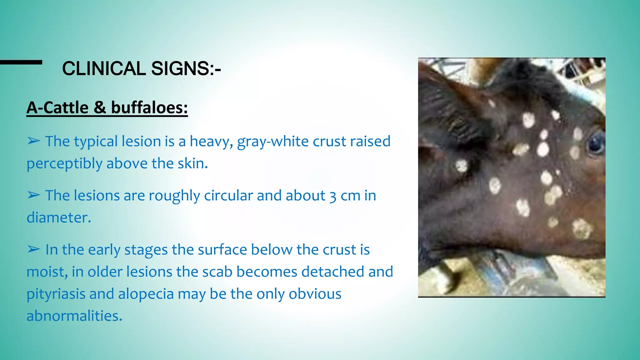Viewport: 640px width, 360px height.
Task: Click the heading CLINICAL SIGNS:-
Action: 141,68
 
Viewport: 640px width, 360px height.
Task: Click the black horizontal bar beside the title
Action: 21,62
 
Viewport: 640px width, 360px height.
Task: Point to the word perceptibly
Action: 64,163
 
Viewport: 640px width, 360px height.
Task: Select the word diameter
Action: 58,217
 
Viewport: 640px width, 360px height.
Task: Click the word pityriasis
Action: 56,294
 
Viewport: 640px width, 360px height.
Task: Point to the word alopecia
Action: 146,294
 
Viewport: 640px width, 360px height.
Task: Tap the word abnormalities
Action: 74,316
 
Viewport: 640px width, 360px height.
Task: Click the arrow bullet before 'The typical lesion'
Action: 33,141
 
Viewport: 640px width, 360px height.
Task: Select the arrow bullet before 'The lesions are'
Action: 33,195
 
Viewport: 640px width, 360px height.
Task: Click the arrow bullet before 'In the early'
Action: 33,249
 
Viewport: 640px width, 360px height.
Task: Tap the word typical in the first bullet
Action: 96,142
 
